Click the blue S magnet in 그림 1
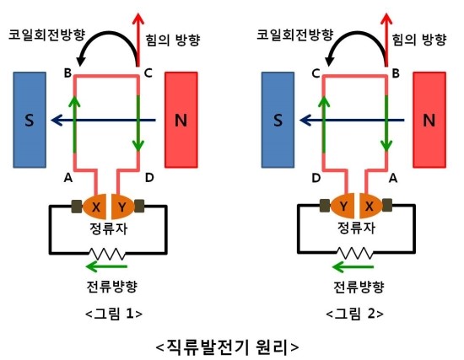pos(30,120)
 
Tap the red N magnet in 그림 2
pos(429,120)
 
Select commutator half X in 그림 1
pos(94,206)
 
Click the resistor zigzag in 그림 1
pos(107,254)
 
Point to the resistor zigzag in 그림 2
pos(355,253)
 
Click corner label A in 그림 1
pos(68,178)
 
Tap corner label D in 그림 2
pos(316,178)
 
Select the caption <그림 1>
pos(114,314)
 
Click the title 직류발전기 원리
pos(227,347)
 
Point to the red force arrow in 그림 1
pos(138,40)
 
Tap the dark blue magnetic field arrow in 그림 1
pos(103,120)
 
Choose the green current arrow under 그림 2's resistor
pos(353,267)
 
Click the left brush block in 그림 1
pos(77,207)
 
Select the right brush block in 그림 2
pos(387,205)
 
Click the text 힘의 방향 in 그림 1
pos(173,40)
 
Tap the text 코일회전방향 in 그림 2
pos(295,35)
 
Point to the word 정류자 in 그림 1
pos(109,228)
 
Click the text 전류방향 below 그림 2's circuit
pos(359,287)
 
